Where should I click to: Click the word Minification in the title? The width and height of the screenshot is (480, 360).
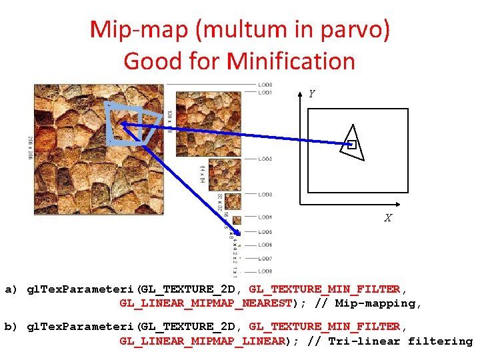point(291,61)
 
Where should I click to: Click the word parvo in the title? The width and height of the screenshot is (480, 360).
point(357,29)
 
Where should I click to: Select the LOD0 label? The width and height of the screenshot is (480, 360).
point(265,85)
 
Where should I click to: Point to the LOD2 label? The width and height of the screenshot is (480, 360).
point(265,159)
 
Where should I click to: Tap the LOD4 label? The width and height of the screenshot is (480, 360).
point(265,217)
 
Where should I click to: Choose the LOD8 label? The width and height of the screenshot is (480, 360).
point(265,271)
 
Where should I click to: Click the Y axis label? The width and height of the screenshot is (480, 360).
point(311,94)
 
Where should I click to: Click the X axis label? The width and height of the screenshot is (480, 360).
point(387,218)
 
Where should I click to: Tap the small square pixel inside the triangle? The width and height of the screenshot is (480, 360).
point(352,144)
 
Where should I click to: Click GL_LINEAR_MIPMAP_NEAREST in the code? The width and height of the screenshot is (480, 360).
point(205,303)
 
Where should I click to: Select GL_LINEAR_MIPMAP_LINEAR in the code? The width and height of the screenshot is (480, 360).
point(202,341)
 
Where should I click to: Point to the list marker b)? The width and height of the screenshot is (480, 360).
point(11,327)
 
